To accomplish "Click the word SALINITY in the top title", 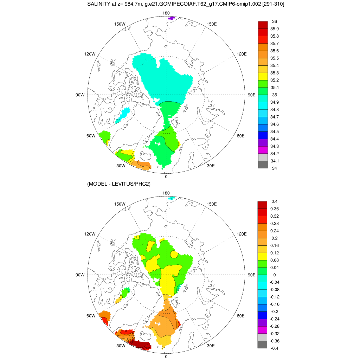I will pos(99,4).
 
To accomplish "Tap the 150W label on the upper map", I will pos(120,24).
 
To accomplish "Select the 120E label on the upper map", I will pos(242,54).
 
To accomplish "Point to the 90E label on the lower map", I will pos(251,275).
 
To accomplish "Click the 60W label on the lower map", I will pos(91,316).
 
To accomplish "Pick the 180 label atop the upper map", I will pos(166,13).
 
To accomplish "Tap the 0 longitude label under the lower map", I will pos(166,356).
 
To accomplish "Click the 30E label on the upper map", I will pos(211,166).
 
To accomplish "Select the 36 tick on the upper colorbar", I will pos(275,21).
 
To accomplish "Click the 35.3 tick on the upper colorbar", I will pos(275,73).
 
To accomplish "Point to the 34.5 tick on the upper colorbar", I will pos(275,131).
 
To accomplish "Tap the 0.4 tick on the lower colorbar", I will pos(275,201).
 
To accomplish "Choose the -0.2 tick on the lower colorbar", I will pos(275,311).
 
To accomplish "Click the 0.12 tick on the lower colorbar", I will pos(275,252).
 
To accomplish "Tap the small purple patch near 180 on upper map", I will pos(171,18).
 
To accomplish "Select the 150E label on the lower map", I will pos(212,204).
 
